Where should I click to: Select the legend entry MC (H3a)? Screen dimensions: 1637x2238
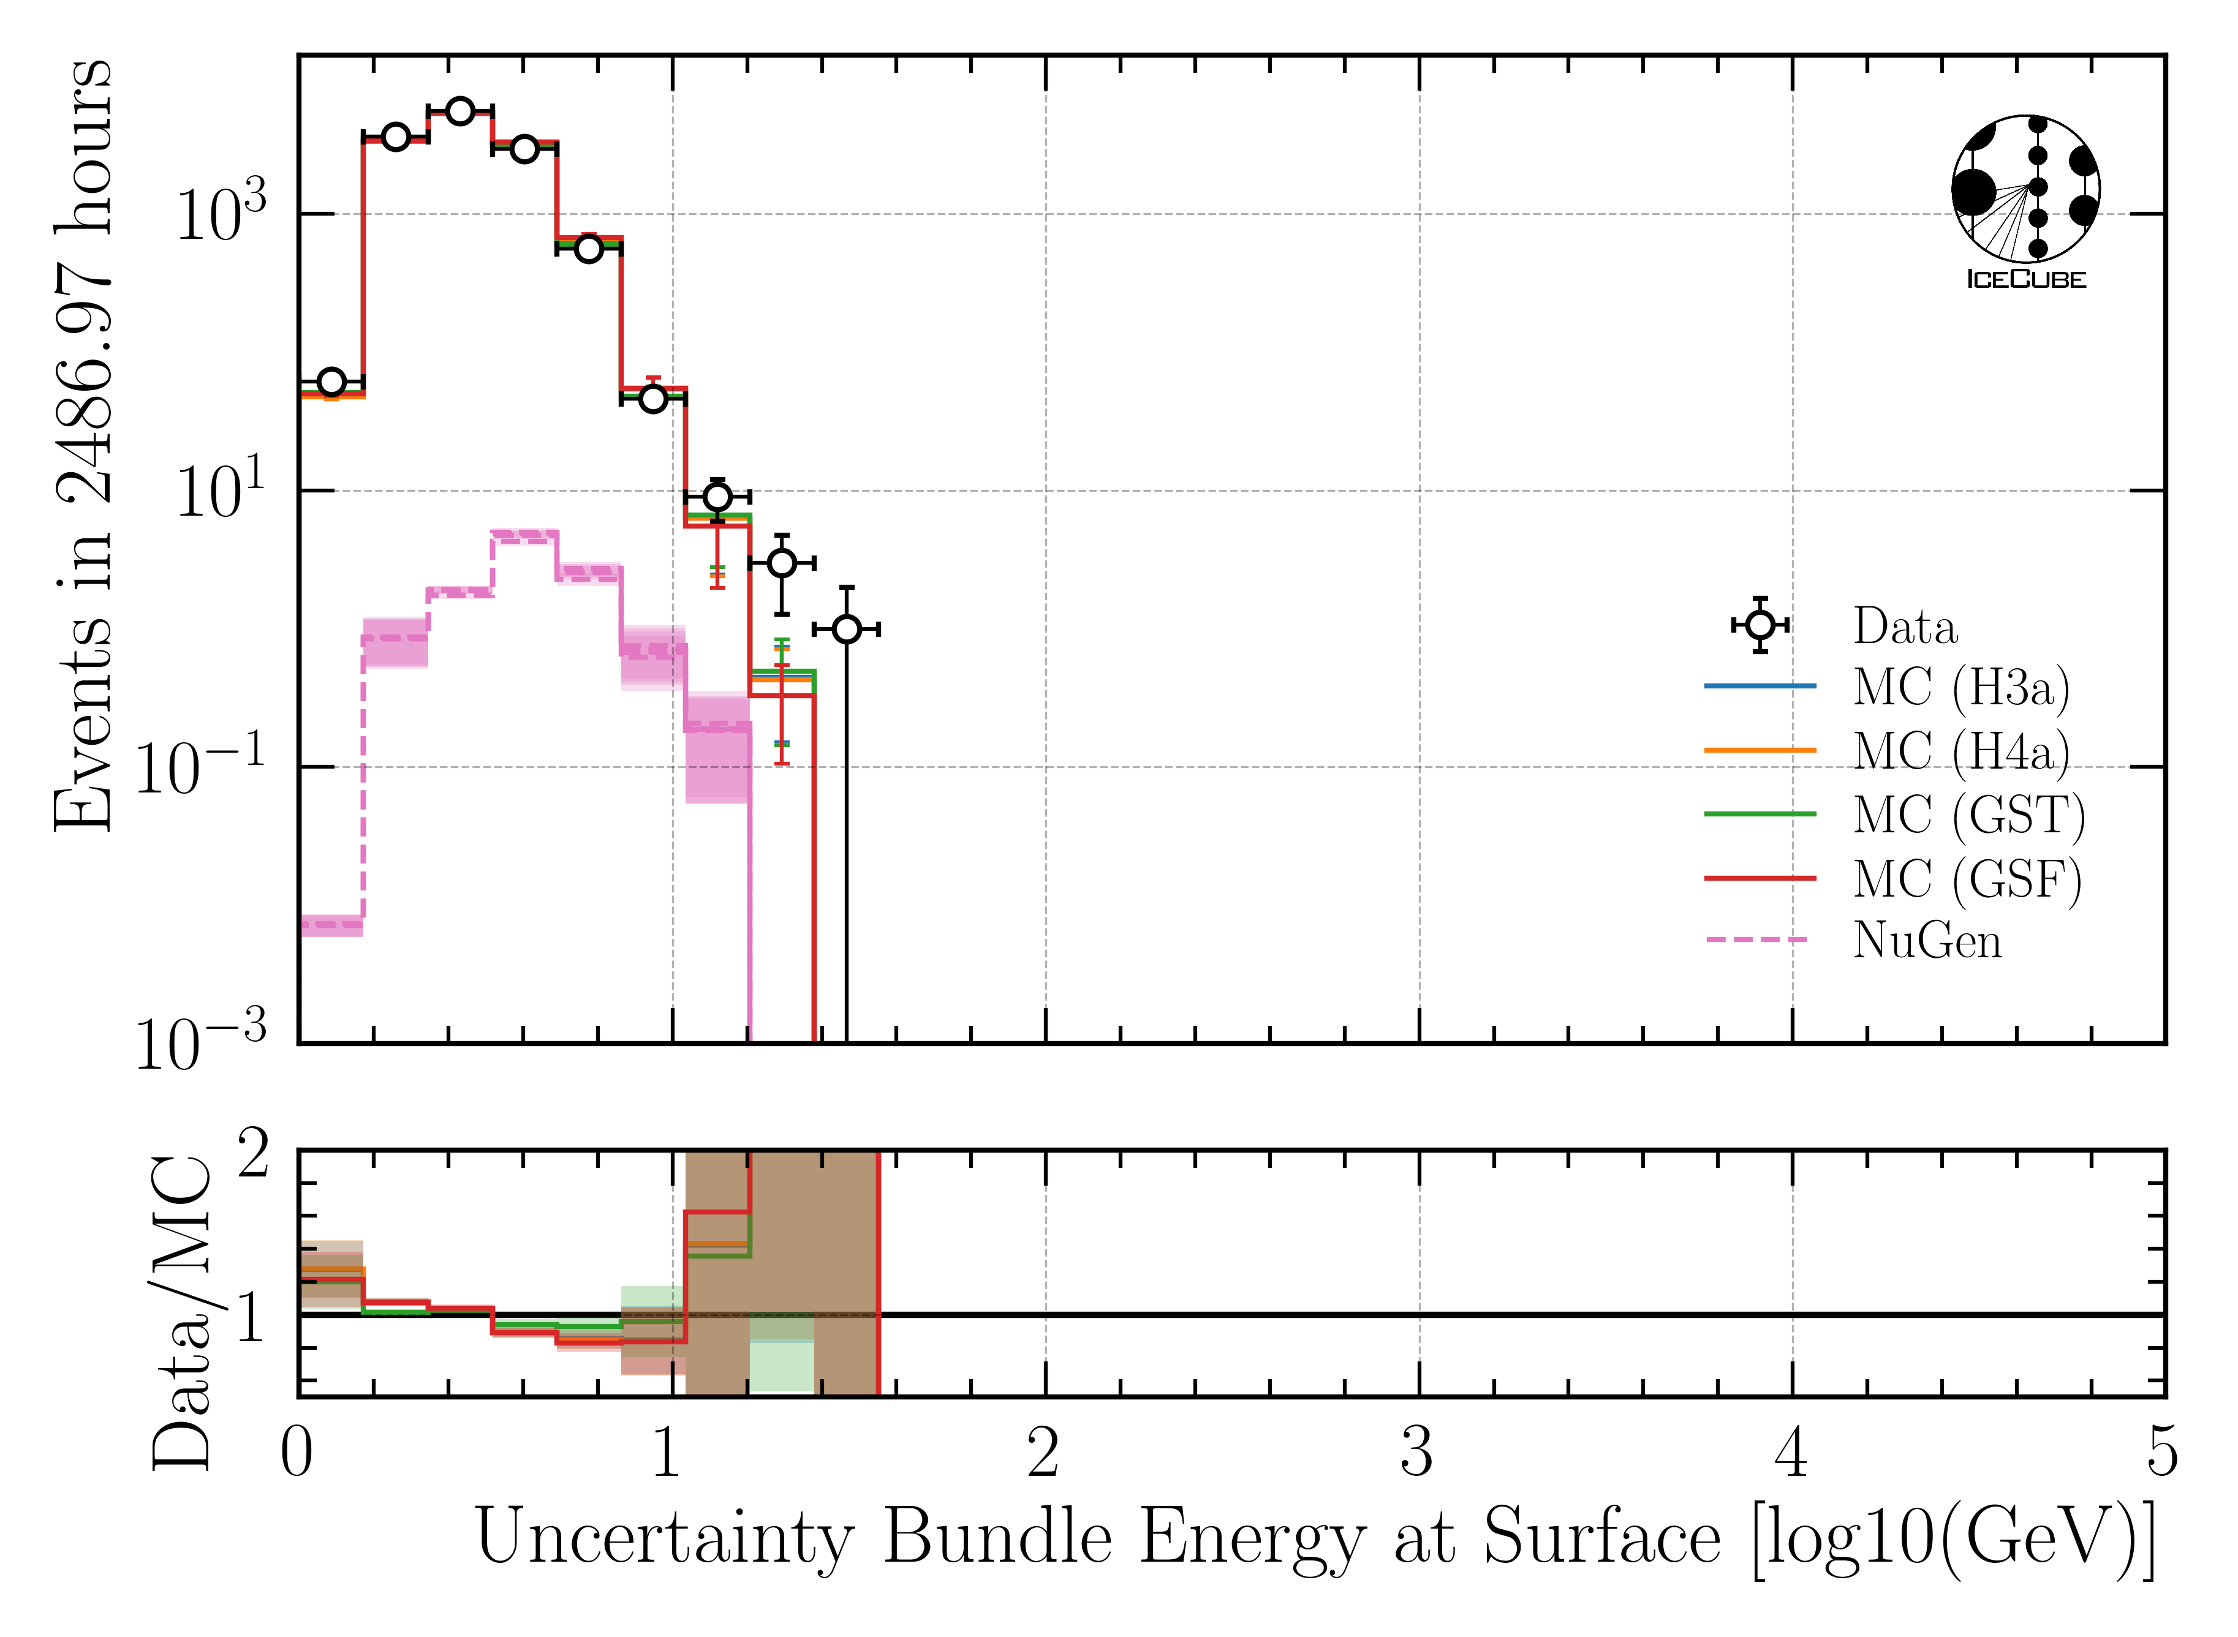point(1960,687)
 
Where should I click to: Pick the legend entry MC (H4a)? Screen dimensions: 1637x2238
point(1960,750)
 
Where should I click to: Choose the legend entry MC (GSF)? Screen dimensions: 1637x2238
point(1967,879)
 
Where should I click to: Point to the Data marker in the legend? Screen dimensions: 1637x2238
point(1760,624)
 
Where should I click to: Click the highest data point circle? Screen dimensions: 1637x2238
point(460,111)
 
